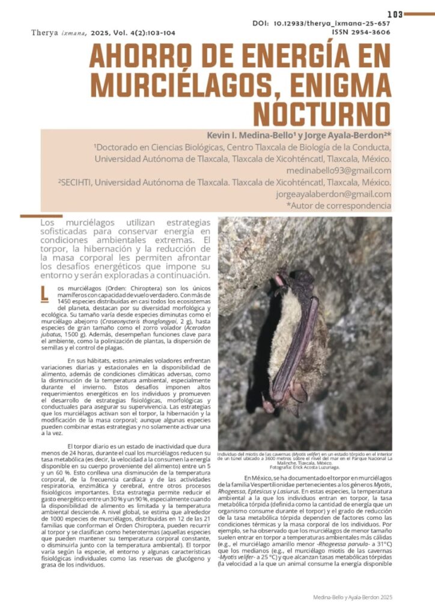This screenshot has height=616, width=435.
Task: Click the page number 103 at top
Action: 395,14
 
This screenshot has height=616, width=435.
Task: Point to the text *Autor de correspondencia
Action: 339,205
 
